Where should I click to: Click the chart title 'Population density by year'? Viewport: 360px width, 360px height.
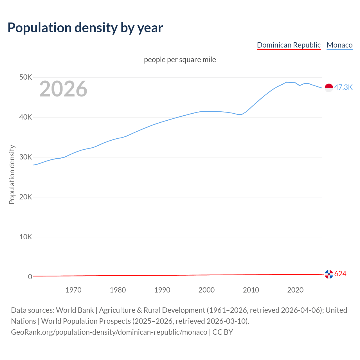coord(85,28)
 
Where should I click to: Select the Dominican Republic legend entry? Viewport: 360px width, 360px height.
coord(289,45)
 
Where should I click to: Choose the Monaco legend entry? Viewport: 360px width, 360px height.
coord(339,45)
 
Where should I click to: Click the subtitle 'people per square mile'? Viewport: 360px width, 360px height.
coord(180,60)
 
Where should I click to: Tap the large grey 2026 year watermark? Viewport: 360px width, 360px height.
coord(63,89)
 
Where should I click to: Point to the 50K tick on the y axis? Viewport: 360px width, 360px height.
coord(26,77)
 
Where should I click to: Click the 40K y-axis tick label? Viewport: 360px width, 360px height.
coord(26,117)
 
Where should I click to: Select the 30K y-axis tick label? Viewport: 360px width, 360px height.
coord(26,157)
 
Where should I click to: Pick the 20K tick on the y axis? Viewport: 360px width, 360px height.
coord(26,197)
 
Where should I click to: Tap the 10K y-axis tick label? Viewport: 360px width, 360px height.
coord(26,237)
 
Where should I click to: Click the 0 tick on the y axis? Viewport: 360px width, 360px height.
coord(30,277)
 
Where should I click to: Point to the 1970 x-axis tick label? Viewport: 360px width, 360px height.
coord(73,290)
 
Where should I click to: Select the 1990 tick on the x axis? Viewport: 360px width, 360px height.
coord(162,290)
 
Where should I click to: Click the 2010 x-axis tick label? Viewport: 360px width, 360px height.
coord(251,290)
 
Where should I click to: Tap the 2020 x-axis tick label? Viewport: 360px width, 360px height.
coord(295,290)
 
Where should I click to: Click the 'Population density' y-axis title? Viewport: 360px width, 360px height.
coord(12,174)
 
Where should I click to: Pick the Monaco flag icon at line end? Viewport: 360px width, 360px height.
coord(329,88)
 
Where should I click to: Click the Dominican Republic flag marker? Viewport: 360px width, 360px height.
coord(329,274)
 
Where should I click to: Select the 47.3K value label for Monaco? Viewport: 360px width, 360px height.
coord(343,87)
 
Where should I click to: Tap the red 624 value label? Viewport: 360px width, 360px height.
coord(340,274)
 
